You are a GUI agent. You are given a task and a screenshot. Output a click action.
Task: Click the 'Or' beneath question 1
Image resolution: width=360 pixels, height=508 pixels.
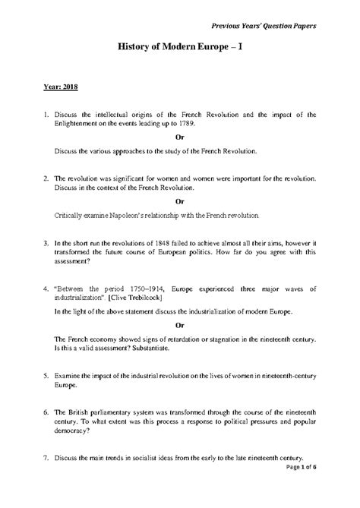click(x=179, y=137)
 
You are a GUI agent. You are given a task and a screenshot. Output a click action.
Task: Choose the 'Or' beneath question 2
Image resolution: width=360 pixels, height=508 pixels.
click(x=179, y=201)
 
